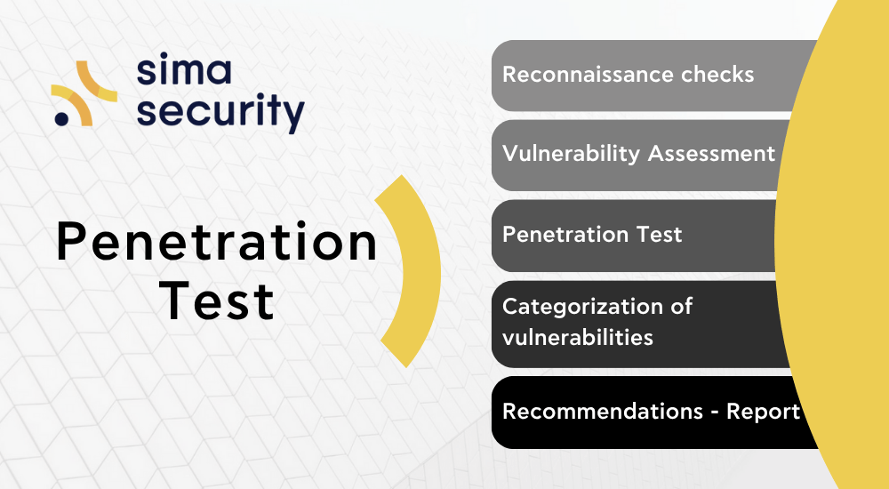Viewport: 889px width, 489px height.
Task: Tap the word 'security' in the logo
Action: point(220,112)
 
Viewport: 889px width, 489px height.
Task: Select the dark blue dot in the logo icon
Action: point(61,118)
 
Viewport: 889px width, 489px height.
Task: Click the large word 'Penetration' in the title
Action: point(217,241)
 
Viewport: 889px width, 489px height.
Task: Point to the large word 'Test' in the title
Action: point(217,301)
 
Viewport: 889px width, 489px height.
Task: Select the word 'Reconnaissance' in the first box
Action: point(587,75)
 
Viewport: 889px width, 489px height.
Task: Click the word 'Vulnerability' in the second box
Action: point(571,154)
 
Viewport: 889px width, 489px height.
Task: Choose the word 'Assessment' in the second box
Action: point(711,153)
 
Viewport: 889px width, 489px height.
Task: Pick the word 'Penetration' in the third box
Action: point(565,235)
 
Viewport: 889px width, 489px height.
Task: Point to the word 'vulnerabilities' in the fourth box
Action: point(578,337)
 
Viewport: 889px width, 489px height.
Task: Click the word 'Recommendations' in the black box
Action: point(603,412)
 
